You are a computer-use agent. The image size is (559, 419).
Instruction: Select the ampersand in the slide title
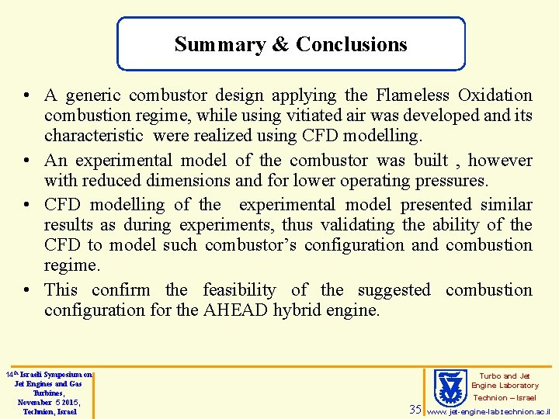click(280, 45)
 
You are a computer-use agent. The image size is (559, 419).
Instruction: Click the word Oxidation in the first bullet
click(495, 95)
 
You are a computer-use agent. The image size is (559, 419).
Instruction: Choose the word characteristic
click(94, 136)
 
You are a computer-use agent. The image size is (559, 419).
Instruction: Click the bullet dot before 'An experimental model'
click(27, 161)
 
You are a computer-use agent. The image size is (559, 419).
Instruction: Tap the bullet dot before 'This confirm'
click(27, 291)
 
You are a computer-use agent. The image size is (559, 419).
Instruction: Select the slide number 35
click(415, 409)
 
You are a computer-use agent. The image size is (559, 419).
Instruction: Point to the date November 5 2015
click(48, 402)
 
